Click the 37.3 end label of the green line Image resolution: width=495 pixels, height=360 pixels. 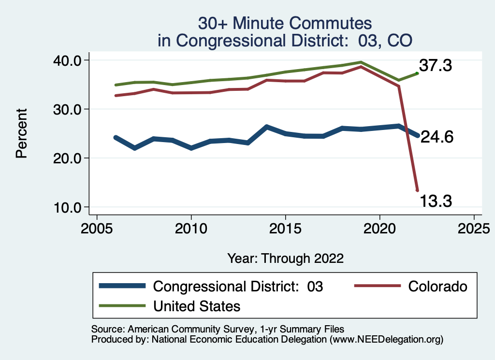click(435, 65)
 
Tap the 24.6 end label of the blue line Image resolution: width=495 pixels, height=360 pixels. click(437, 138)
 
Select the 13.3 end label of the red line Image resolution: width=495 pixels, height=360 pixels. click(435, 200)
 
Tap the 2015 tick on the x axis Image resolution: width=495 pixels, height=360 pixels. click(286, 227)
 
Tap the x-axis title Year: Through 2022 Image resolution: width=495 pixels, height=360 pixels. click(286, 258)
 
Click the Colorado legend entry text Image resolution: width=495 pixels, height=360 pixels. click(438, 287)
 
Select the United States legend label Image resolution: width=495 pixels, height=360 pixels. click(197, 306)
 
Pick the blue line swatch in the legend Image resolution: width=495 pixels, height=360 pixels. click(122, 287)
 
